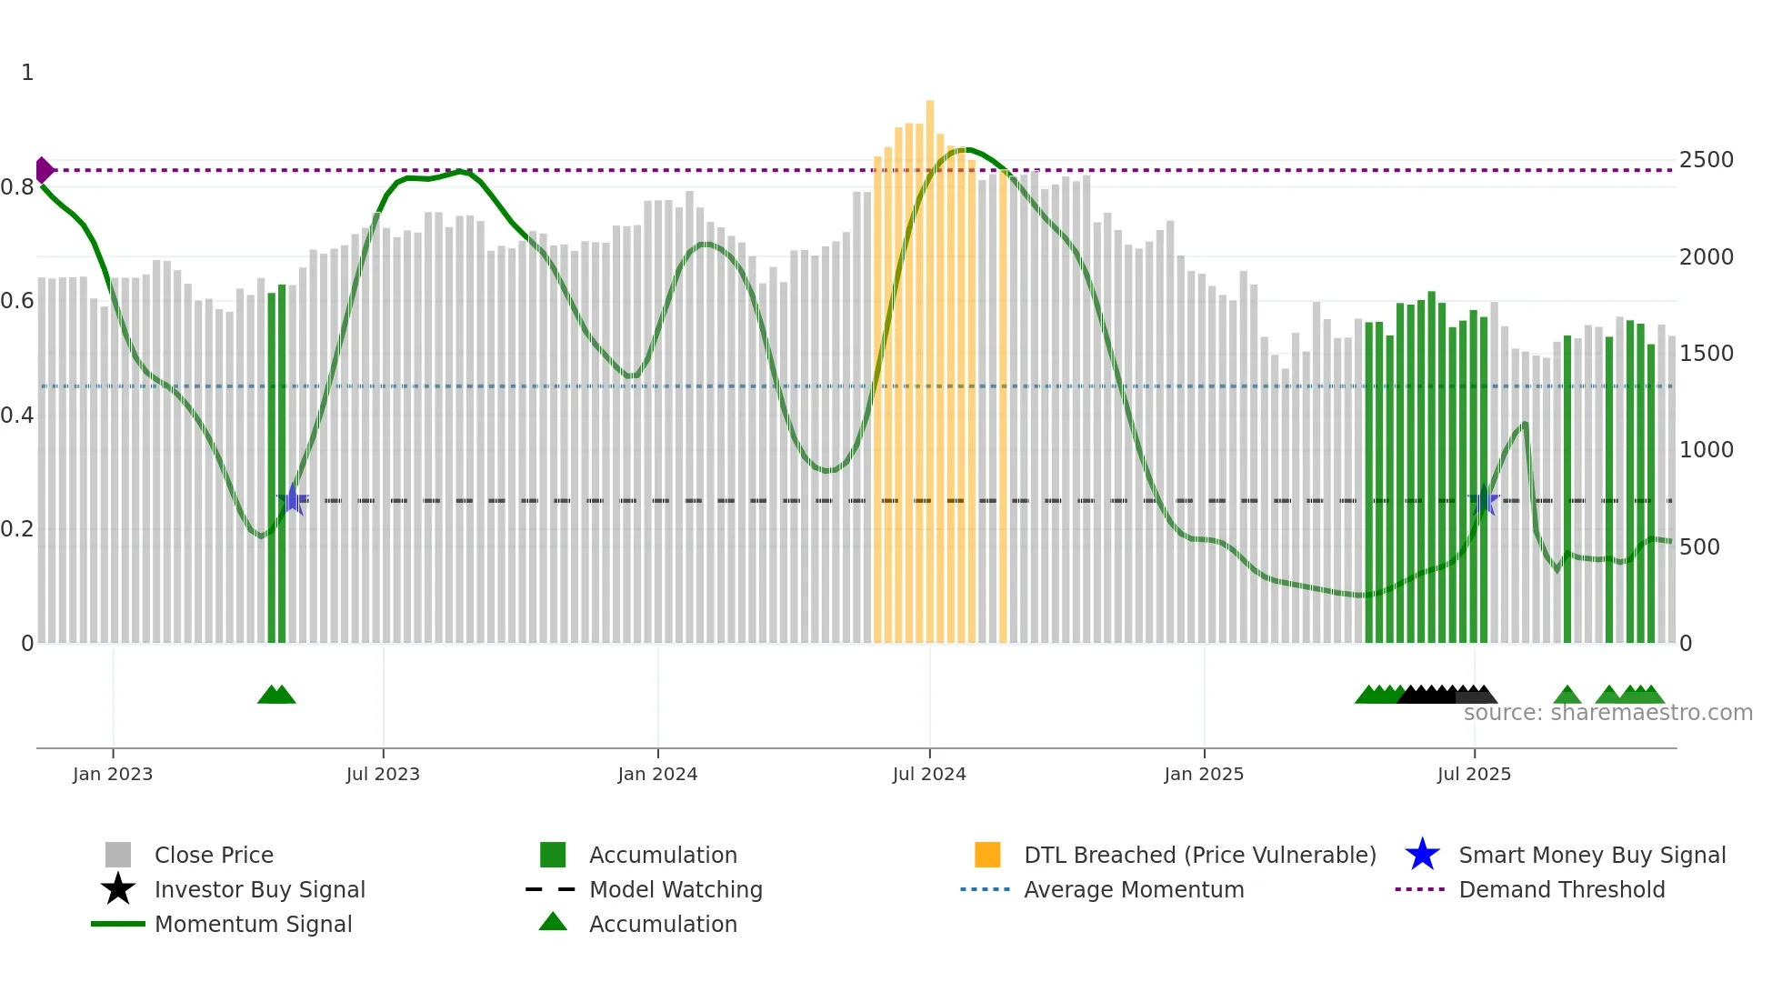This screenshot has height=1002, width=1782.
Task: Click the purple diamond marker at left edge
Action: pyautogui.click(x=44, y=170)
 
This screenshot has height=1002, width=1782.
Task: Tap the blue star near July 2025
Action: pyautogui.click(x=1483, y=500)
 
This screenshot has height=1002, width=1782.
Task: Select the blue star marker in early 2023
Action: pyautogui.click(x=293, y=499)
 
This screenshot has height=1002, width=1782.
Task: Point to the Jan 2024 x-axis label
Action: pyautogui.click(x=657, y=774)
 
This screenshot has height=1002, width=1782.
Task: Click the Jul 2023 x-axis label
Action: pyautogui.click(x=383, y=774)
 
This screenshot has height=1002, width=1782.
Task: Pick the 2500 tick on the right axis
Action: pyautogui.click(x=1706, y=160)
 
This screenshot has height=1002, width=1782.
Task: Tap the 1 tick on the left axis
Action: pyautogui.click(x=27, y=73)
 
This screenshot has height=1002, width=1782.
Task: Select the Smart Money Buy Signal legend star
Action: pyautogui.click(x=1422, y=855)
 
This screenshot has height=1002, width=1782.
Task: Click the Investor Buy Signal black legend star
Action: pyautogui.click(x=118, y=889)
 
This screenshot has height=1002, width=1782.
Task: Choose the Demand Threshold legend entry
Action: pyautogui.click(x=1561, y=889)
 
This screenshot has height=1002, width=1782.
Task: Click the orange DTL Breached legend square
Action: pyautogui.click(x=987, y=855)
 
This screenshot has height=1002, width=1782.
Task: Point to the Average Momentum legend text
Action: pyautogui.click(x=1134, y=889)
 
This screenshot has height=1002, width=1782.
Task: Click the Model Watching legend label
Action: pyautogui.click(x=676, y=889)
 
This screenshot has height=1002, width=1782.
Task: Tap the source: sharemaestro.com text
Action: pyautogui.click(x=1607, y=713)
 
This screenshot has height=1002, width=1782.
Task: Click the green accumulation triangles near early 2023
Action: pyautogui.click(x=276, y=695)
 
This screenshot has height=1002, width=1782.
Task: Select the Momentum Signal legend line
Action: pyautogui.click(x=118, y=924)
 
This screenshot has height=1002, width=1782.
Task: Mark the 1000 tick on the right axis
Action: pyautogui.click(x=1706, y=450)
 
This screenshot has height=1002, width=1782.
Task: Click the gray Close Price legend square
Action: pyautogui.click(x=118, y=855)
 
